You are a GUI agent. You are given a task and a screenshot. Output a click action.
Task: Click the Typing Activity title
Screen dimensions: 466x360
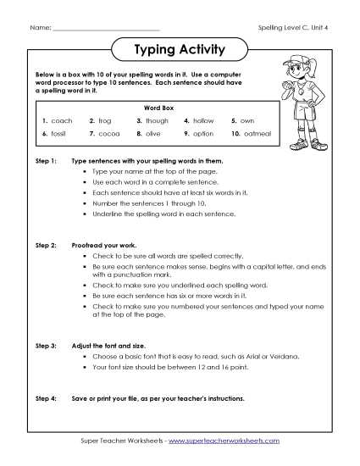pyautogui.click(x=180, y=50)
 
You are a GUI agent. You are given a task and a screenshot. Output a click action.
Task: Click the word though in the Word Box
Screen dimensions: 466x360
pyautogui.click(x=157, y=121)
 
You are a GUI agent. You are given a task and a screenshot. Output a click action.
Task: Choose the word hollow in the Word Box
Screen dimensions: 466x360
pyautogui.click(x=204, y=121)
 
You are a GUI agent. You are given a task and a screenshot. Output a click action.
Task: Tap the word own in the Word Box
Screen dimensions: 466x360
pyautogui.click(x=248, y=121)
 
